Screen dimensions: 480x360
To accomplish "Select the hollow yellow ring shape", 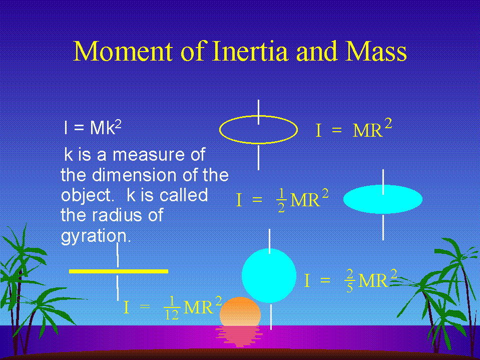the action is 259,116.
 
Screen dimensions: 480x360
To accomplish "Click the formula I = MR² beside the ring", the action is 353,129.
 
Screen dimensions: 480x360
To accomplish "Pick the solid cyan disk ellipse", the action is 383,199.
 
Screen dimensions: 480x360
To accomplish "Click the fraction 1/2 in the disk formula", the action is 281,200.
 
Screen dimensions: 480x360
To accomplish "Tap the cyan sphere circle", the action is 269,275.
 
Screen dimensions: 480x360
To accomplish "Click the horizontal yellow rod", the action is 119,271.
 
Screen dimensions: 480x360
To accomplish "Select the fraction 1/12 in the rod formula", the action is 172,308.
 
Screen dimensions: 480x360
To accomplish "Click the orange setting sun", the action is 240,311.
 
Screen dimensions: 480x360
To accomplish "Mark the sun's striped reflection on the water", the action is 239,336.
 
